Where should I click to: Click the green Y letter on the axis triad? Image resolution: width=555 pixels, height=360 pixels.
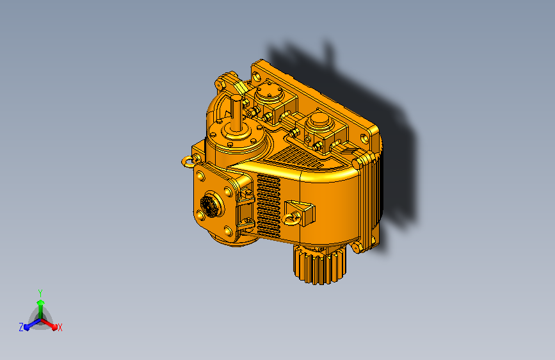pos(40,291)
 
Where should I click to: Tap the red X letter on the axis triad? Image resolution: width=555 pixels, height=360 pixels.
pos(60,327)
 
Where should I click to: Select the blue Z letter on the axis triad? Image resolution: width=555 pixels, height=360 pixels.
pos(21,327)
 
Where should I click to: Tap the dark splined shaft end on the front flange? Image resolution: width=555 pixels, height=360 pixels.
pos(209,205)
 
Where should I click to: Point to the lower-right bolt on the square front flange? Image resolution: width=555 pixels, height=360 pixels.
pos(227,231)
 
